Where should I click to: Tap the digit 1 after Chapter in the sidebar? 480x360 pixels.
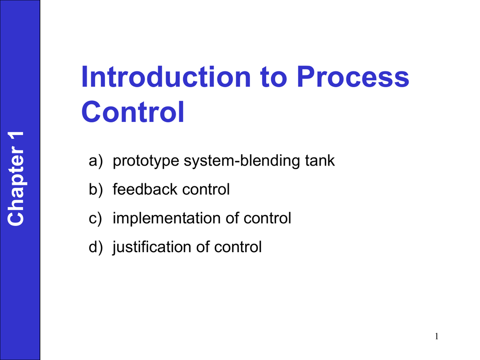(17, 141)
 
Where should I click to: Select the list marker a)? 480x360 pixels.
(95, 161)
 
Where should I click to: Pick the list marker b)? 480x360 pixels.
(95, 190)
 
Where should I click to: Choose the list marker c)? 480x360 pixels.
(95, 218)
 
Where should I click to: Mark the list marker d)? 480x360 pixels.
(95, 247)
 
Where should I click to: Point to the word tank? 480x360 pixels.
(320, 161)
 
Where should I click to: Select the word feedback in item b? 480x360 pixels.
(145, 190)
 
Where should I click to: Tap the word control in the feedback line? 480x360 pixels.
(206, 190)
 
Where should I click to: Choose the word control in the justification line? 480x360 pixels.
(238, 247)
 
